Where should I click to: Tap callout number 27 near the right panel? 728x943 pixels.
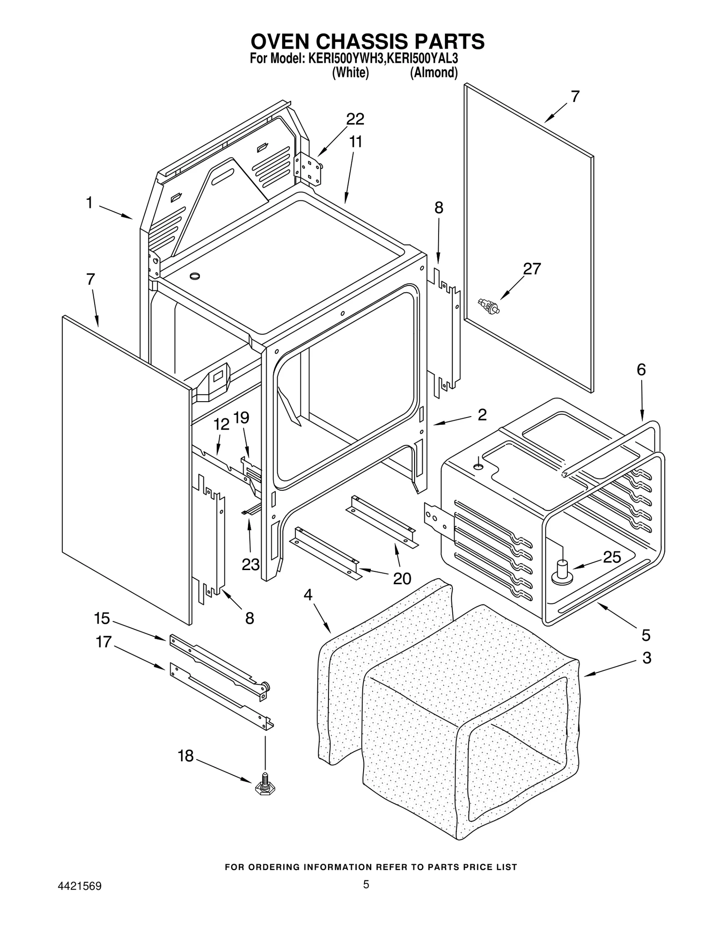pyautogui.click(x=531, y=269)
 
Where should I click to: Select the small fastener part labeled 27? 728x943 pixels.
pyautogui.click(x=489, y=306)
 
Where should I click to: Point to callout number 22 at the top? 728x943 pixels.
pyautogui.click(x=355, y=119)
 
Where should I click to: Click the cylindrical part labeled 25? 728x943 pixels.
pyautogui.click(x=562, y=572)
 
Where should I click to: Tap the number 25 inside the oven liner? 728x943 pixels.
pyautogui.click(x=612, y=557)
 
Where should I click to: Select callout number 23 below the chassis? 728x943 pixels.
pyautogui.click(x=250, y=565)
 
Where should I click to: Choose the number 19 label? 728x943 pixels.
pyautogui.click(x=241, y=418)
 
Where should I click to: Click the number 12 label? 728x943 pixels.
pyautogui.click(x=222, y=424)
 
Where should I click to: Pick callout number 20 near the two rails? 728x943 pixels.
pyautogui.click(x=402, y=579)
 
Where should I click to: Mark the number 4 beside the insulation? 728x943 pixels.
pyautogui.click(x=308, y=595)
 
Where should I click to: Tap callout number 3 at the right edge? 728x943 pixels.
pyautogui.click(x=647, y=658)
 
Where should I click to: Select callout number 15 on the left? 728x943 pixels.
pyautogui.click(x=102, y=618)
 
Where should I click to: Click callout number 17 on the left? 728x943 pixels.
pyautogui.click(x=103, y=642)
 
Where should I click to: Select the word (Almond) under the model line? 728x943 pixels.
pyautogui.click(x=434, y=73)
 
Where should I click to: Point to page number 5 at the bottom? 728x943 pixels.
pyautogui.click(x=366, y=884)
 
